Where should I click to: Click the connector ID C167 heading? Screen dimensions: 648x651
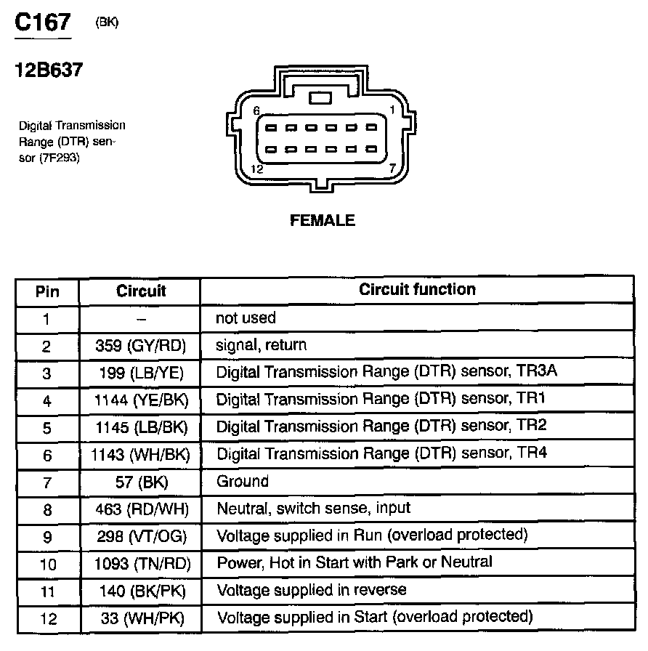(43, 23)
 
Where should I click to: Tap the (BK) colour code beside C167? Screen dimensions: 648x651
(107, 23)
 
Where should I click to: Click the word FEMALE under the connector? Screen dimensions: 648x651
(323, 220)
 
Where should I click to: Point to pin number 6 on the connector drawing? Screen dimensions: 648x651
(256, 110)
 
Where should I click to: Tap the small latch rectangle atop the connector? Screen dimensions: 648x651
(320, 97)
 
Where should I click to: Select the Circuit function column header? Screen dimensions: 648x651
(417, 289)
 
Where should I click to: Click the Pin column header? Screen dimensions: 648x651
(47, 292)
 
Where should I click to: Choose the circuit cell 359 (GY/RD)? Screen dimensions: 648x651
(140, 346)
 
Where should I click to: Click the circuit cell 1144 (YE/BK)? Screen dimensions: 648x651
(140, 400)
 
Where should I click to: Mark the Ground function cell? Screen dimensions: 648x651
(243, 481)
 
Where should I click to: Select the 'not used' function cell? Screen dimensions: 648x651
(246, 318)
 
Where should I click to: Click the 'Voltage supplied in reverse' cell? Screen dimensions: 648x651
(312, 589)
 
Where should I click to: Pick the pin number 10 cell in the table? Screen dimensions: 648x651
(47, 564)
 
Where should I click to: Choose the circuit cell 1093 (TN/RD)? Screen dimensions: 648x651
(141, 563)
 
